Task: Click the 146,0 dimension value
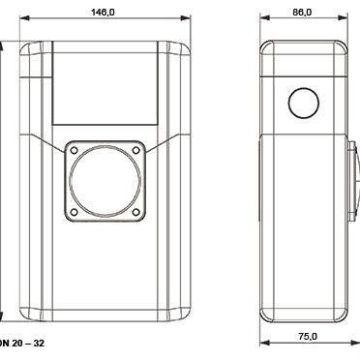click(x=103, y=13)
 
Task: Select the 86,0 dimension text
click(x=302, y=13)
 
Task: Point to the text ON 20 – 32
click(x=22, y=343)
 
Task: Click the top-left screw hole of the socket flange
click(x=74, y=150)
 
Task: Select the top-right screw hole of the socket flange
click(x=136, y=150)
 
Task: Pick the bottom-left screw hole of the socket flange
click(x=74, y=212)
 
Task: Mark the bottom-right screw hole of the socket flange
click(x=136, y=212)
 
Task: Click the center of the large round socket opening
click(x=105, y=181)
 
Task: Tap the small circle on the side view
click(x=304, y=104)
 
